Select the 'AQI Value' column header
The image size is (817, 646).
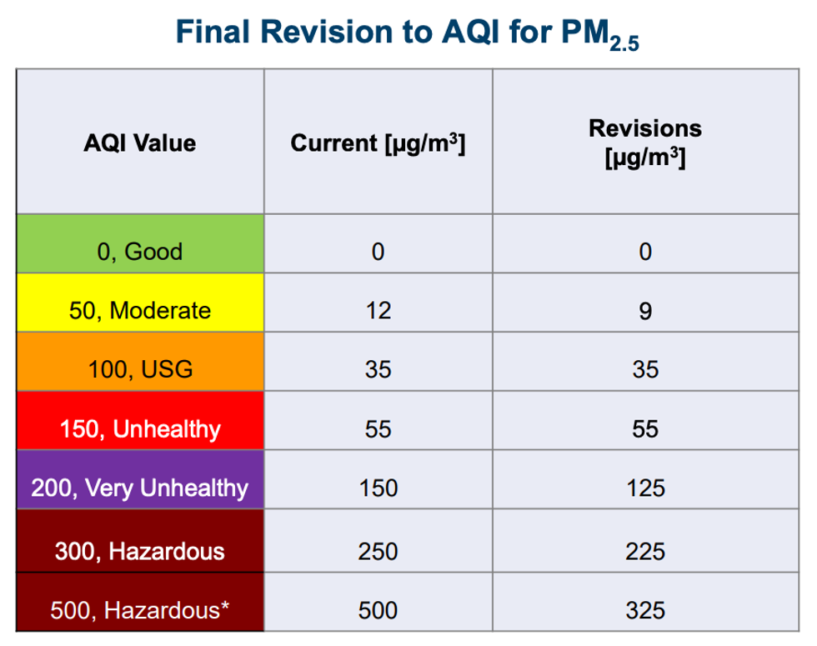[140, 143]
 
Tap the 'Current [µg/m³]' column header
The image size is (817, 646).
[378, 143]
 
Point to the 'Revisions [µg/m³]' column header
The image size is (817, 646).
[645, 143]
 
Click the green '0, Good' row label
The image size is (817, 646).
[140, 252]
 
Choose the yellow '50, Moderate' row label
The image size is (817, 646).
[140, 311]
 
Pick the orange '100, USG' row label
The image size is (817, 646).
[140, 369]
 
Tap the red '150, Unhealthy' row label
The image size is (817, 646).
[140, 429]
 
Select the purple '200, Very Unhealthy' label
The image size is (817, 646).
[140, 488]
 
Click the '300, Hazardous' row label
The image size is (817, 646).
[140, 550]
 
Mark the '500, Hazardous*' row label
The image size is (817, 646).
[140, 610]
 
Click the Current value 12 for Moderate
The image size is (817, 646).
[378, 311]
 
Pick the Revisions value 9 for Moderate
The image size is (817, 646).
[645, 311]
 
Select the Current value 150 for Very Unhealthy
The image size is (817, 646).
[378, 488]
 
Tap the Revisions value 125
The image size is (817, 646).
[645, 488]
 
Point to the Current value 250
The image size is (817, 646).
[378, 550]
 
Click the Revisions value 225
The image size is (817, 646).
[645, 550]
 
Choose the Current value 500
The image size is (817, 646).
[378, 610]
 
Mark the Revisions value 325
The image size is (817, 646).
[645, 610]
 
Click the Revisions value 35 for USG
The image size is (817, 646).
[645, 369]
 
